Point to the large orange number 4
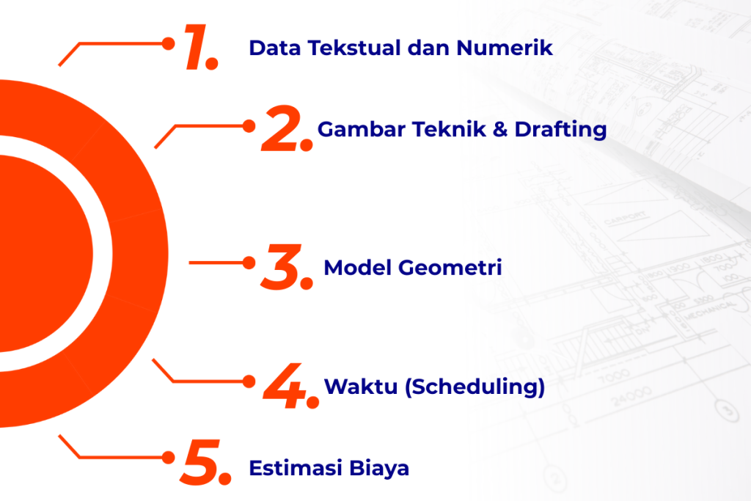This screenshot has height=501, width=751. (285, 386)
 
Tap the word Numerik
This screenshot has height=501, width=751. (505, 48)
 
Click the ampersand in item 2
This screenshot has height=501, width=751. (500, 129)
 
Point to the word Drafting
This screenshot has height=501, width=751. (560, 130)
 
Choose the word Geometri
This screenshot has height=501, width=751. (450, 267)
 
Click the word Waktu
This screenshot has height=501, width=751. (361, 387)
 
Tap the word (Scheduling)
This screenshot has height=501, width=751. (475, 387)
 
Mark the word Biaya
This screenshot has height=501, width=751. (379, 469)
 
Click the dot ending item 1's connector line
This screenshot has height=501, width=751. (168, 43)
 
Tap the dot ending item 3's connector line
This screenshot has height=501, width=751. (249, 263)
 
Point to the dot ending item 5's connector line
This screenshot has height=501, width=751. (168, 458)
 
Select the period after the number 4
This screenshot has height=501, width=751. (312, 402)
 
